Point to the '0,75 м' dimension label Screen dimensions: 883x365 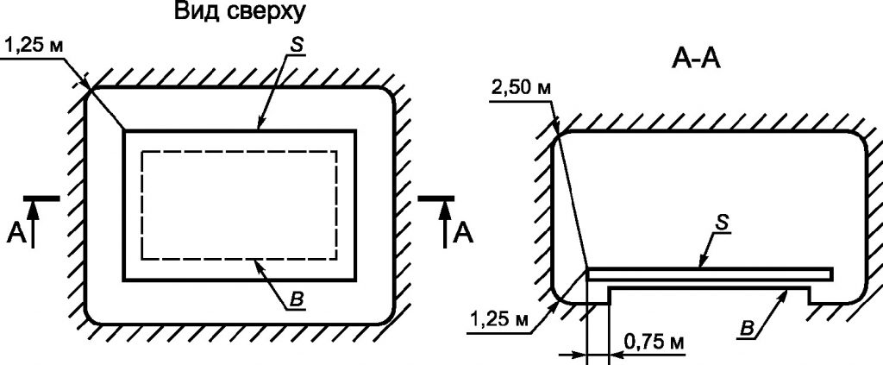tap(654, 342)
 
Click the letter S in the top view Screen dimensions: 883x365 tap(297, 45)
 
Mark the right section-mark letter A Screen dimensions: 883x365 tap(463, 233)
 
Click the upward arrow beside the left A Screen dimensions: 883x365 tap(33, 224)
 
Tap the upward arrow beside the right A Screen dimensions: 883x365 tap(445, 224)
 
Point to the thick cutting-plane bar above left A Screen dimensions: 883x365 tap(41, 198)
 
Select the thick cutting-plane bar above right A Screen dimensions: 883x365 tap(436, 198)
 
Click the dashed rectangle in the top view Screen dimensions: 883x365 tap(240, 152)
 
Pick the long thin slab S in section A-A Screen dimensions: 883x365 tap(710, 274)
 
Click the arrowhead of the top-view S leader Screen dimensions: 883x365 tap(260, 125)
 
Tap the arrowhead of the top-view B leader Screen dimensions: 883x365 tap(259, 265)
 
